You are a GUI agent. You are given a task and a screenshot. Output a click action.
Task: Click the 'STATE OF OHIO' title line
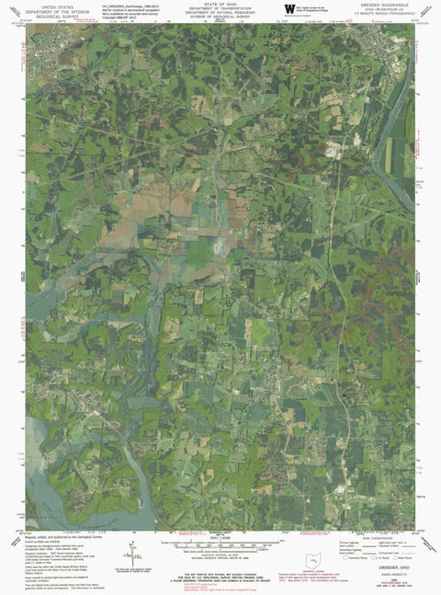click(x=220, y=4)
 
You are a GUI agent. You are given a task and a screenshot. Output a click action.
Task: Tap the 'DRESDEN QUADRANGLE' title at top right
click(x=390, y=4)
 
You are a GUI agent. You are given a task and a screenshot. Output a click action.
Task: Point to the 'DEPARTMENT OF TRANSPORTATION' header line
click(x=220, y=9)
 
